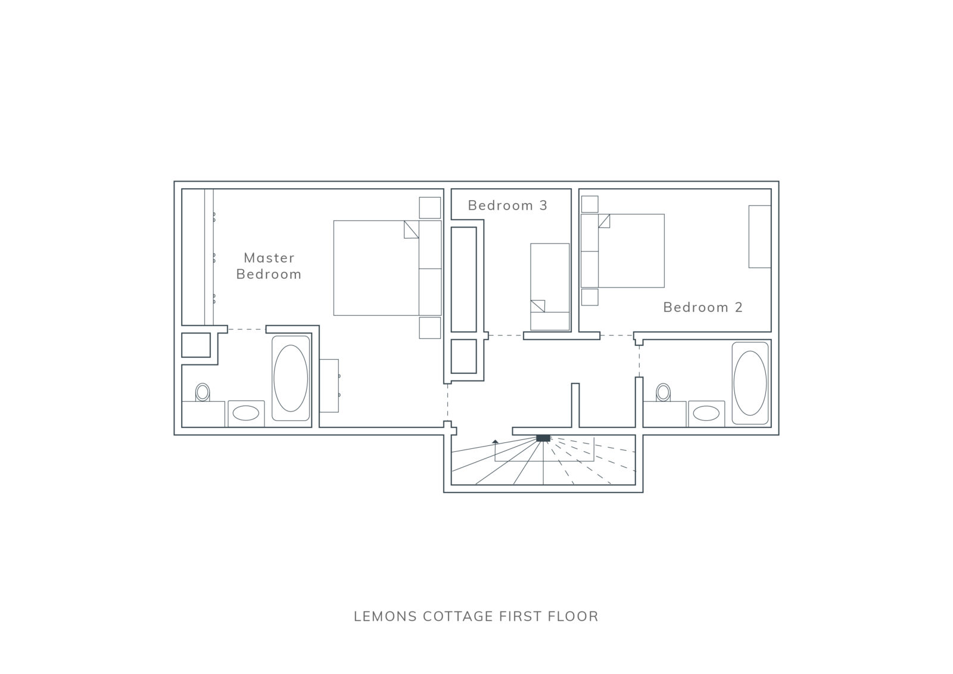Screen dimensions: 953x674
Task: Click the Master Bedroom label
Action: click(269, 266)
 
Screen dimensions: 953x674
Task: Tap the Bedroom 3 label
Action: click(507, 205)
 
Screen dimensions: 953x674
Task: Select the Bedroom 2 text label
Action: click(703, 307)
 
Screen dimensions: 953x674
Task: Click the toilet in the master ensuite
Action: click(203, 392)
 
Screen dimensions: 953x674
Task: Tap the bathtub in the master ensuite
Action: click(291, 378)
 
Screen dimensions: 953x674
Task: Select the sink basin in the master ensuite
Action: click(246, 413)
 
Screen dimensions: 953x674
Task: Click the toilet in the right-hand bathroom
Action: click(663, 392)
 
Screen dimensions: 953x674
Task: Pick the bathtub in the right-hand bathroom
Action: click(750, 383)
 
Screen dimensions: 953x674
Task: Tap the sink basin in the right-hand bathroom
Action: click(706, 413)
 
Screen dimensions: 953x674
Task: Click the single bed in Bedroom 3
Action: click(550, 287)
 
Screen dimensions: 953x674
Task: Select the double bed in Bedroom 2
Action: click(622, 251)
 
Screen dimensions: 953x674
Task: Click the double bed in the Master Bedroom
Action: click(387, 268)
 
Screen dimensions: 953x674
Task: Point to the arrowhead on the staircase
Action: click(495, 442)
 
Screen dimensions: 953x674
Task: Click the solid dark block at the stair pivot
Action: click(543, 438)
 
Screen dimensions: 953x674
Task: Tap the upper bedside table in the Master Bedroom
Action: click(429, 208)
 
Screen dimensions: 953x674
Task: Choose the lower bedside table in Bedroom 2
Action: click(590, 297)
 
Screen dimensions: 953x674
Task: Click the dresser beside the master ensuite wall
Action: click(329, 386)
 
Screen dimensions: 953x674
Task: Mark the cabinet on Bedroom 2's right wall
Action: click(760, 236)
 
